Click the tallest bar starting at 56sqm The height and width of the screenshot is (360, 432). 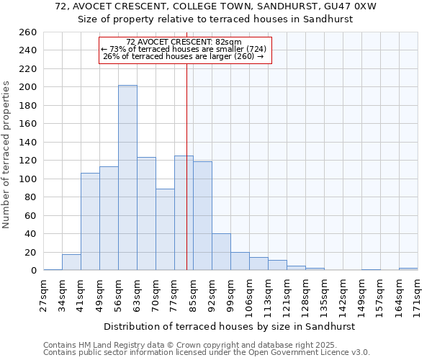click(127, 178)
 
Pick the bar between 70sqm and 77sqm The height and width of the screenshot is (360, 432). click(165, 230)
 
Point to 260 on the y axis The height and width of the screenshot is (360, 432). click(28, 32)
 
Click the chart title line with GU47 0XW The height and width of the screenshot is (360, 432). click(215, 6)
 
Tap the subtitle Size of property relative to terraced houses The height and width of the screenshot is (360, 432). click(215, 19)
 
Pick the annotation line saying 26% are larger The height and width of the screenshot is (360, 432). click(184, 56)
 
